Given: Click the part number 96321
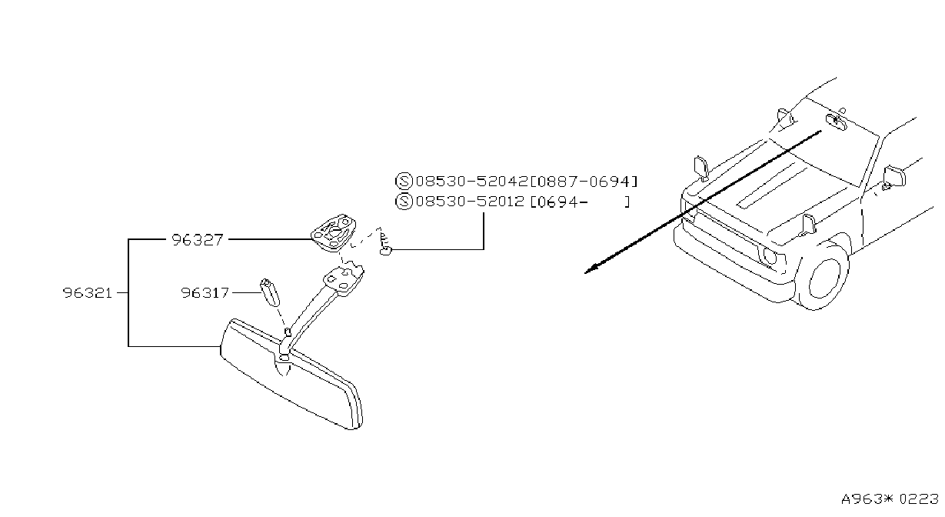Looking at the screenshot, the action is [88, 292].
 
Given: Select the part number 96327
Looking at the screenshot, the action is [197, 240].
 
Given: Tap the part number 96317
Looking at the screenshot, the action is [205, 292].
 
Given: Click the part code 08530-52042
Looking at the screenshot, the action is [471, 182].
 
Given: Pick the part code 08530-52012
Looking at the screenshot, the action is [470, 202].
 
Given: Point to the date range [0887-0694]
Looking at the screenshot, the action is [584, 182].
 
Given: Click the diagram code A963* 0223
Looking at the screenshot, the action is [890, 499].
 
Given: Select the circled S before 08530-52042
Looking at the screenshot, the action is [404, 182].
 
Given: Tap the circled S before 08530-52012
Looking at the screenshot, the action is [404, 202].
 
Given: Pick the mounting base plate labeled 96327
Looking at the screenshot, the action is [333, 233].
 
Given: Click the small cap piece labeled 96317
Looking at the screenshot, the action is [270, 292].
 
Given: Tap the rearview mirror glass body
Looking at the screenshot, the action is [291, 375].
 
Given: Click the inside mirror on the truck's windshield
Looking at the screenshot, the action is [836, 121].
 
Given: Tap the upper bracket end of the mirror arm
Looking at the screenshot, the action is [344, 279].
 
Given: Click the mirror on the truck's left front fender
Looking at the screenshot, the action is [700, 168].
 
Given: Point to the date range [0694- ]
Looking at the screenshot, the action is [580, 202].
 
